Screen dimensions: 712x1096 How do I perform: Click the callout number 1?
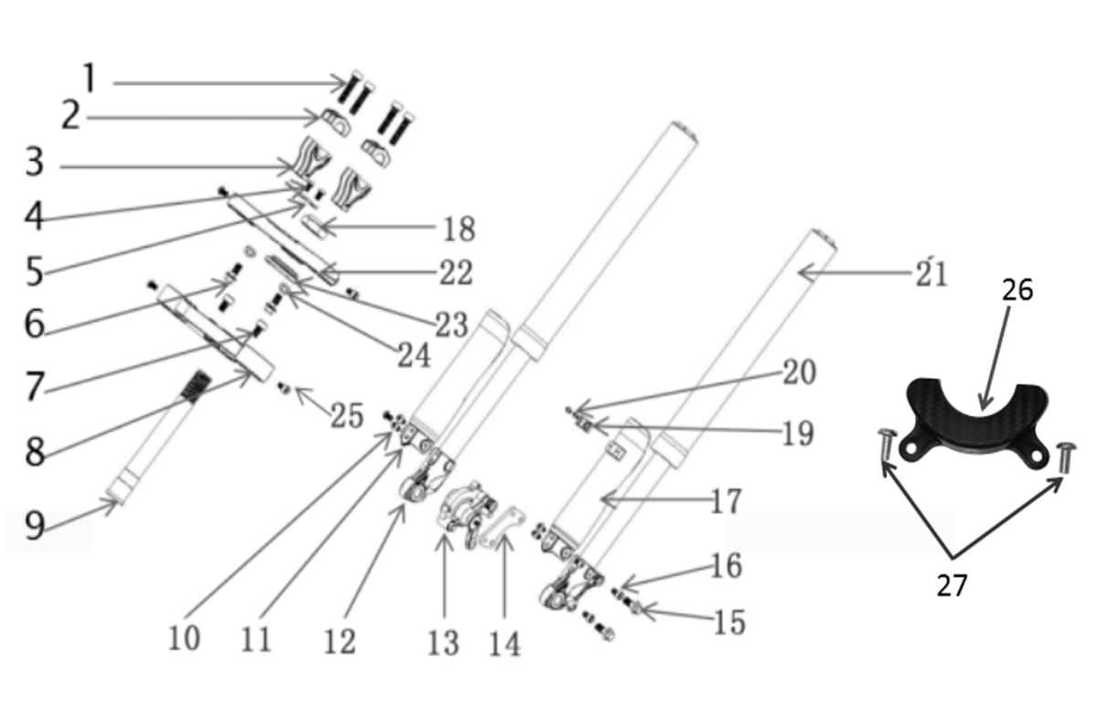[x=89, y=79]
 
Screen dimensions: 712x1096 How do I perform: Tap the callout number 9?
[x=35, y=525]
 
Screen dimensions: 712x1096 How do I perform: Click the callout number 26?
[x=1017, y=290]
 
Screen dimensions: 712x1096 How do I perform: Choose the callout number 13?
[x=443, y=643]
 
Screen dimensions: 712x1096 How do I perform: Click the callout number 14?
[x=504, y=643]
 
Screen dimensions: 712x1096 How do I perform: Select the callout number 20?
[x=799, y=372]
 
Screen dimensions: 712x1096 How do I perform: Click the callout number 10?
[x=184, y=637]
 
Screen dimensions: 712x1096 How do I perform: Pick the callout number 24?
[x=414, y=354]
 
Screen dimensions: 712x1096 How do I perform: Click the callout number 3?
[x=34, y=163]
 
